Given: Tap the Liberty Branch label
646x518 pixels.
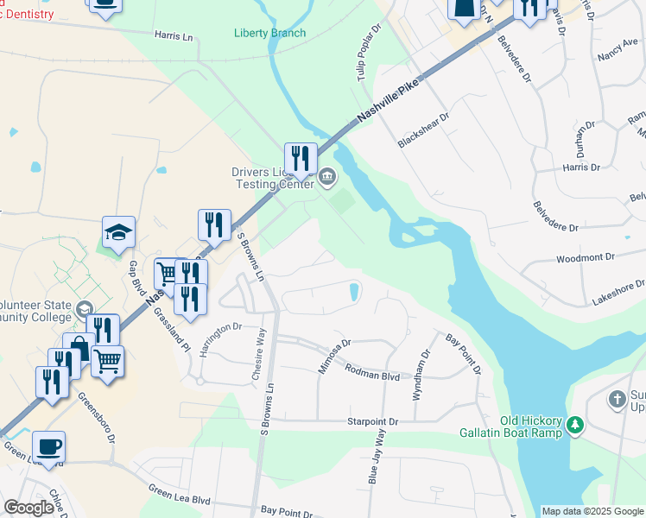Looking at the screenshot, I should pos(269,34).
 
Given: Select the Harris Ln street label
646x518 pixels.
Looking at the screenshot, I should pos(173,36).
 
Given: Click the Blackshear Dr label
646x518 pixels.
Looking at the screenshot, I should pos(425,129).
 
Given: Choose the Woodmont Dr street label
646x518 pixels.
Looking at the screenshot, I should pos(585,257).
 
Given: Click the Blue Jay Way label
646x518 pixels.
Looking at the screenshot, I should pos(376,461).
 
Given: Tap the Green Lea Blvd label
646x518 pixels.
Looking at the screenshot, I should pos(179,498).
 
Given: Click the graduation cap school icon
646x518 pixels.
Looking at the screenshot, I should pos(119,231).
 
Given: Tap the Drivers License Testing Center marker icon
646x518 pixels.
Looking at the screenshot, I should pos(327,179).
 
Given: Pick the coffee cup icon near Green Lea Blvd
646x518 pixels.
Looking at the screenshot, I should pos(48,447).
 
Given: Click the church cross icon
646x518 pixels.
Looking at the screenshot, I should pos(617,399).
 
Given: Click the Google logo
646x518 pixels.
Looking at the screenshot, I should pos(28,508).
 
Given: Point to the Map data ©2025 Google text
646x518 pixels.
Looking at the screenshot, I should pos(592,511).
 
